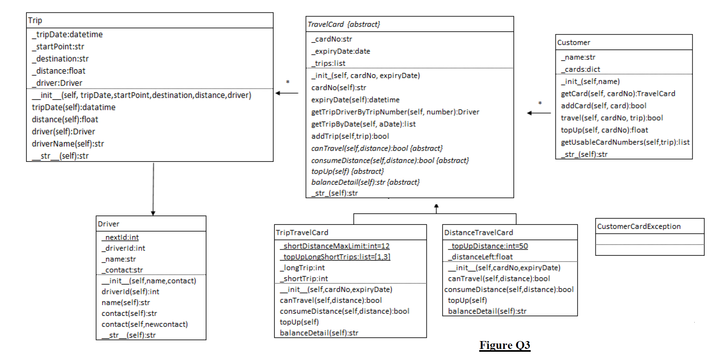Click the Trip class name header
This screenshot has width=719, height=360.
coord(35,21)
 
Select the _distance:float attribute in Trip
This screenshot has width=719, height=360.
coord(61,71)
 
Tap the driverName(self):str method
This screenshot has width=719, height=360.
coord(68,144)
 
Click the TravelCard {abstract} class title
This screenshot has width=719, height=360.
coord(344,24)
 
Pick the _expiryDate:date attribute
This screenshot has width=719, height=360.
coord(341,51)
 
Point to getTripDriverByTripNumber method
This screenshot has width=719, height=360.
coord(395,112)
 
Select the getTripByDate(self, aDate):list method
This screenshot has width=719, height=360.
coord(363,124)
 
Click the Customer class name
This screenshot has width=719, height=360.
coord(574,42)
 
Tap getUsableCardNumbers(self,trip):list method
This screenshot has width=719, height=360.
coord(625,142)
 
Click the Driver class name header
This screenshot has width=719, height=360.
coord(108,224)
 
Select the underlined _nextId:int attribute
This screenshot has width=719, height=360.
coord(120,237)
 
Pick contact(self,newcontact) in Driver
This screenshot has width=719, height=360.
coord(145,324)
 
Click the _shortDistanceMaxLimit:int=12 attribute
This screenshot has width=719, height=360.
coord(335,246)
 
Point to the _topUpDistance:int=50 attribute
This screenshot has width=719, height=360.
coord(488,246)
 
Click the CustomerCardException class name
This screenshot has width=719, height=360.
coord(639,227)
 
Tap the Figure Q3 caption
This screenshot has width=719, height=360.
coord(504,345)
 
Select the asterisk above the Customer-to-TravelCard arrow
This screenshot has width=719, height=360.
coord(540,103)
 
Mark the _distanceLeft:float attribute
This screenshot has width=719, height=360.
coord(480,257)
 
